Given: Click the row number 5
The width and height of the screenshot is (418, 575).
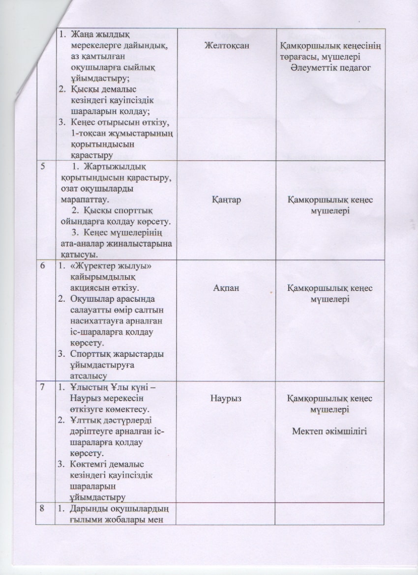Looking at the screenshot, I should point(44,167).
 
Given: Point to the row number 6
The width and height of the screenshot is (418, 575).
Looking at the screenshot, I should point(44,266).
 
